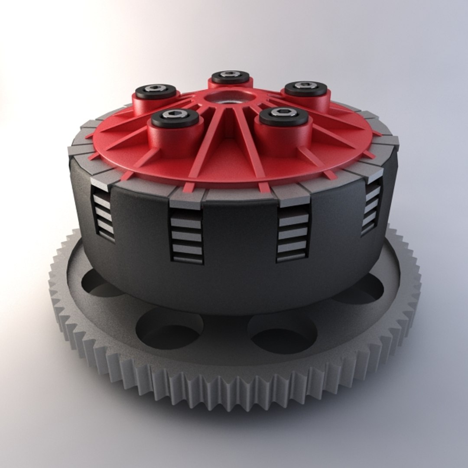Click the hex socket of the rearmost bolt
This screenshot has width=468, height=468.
tap(230, 74)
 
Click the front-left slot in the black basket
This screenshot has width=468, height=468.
tap(186, 236)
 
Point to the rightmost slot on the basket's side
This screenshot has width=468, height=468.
tap(372, 206)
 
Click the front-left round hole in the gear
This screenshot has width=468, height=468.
tap(169, 329)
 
